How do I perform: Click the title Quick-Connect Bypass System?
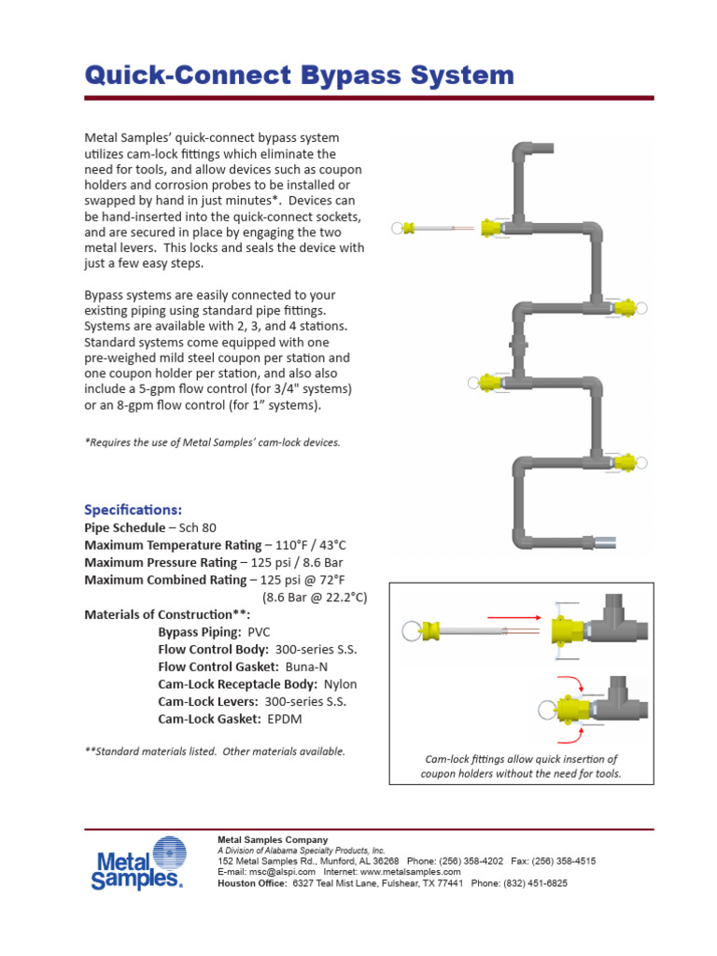coord(299,75)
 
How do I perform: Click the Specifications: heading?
coord(134,510)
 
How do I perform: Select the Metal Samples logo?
coord(136,864)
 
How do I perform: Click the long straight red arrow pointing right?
coord(513,617)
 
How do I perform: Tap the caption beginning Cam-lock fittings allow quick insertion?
coord(520,766)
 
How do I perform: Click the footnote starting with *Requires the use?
coord(212,443)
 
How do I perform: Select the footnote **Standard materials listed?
coord(215,751)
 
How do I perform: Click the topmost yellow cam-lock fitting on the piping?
coord(492,227)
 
